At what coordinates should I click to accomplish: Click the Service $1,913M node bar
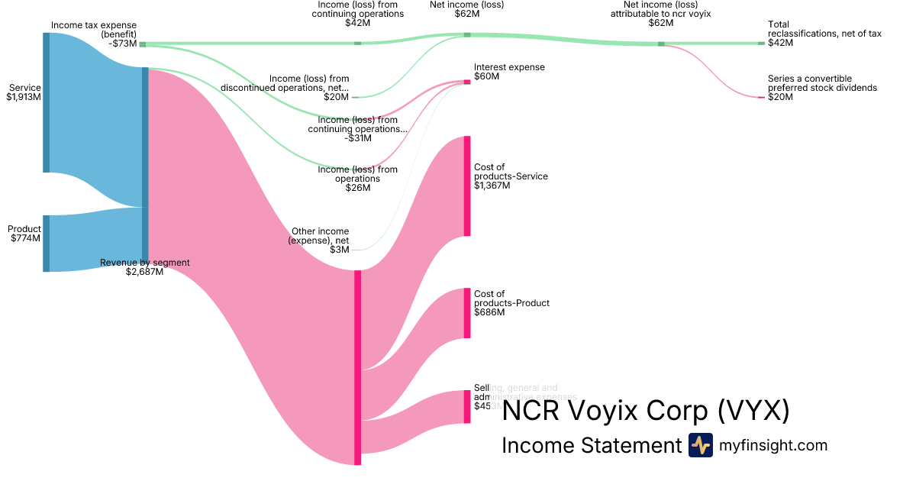coord(46,103)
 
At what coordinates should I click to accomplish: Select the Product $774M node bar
coord(46,244)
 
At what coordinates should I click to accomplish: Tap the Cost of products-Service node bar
coord(467,186)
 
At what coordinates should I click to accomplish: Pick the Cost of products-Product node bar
coord(467,313)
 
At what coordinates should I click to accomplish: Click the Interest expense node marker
coord(467,82)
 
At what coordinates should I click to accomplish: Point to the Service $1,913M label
coord(24,92)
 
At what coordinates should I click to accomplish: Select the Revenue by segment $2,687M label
coord(144,267)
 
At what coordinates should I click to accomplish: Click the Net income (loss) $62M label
coord(466,9)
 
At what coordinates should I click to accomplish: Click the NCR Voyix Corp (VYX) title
coord(645,412)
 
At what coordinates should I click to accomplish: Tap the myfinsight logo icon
coord(700,445)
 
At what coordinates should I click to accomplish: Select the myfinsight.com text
coord(773,445)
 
